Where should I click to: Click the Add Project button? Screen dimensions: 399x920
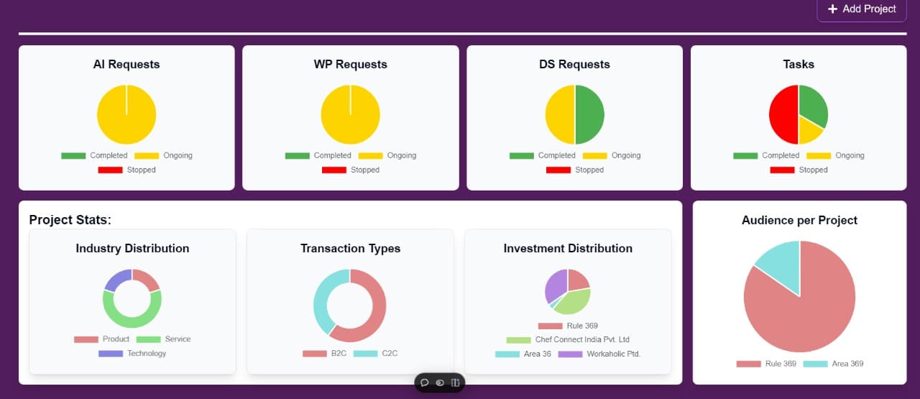(x=862, y=9)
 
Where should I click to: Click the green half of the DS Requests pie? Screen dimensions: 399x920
(x=590, y=114)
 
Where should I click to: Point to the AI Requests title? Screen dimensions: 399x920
(x=126, y=64)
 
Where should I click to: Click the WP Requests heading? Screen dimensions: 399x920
(x=350, y=64)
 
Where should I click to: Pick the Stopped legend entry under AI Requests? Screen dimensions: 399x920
(x=127, y=170)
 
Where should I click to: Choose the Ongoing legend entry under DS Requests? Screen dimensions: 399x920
(x=612, y=155)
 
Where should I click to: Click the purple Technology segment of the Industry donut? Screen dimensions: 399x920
(x=117, y=280)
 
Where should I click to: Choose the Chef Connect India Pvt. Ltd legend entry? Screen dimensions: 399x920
(x=568, y=340)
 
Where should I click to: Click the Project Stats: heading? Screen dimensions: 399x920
(x=70, y=220)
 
